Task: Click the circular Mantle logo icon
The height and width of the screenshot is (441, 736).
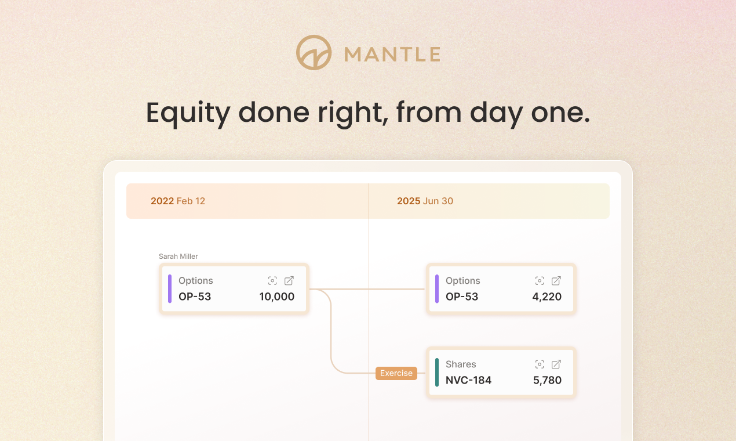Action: (x=314, y=53)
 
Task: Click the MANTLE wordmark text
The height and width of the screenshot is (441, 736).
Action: (x=392, y=55)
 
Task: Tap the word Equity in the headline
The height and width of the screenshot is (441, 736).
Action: (x=188, y=113)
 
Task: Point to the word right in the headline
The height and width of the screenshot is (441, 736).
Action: (x=353, y=113)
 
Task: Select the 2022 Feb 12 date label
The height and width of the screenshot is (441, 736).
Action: (x=178, y=201)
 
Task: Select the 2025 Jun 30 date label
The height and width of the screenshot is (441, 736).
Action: (x=425, y=201)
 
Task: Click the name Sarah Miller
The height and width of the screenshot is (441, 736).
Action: (x=178, y=256)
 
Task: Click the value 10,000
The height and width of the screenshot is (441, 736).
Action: (x=276, y=297)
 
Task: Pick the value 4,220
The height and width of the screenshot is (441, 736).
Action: (x=546, y=297)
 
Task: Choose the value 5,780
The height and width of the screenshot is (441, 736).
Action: (x=546, y=381)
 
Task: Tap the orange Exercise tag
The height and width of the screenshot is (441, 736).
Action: (x=396, y=373)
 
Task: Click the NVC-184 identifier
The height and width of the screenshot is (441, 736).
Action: (x=468, y=381)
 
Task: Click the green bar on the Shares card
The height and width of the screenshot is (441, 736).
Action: (x=437, y=373)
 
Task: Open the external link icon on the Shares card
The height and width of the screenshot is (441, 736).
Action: (x=556, y=364)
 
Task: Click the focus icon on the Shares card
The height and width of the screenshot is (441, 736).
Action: (x=540, y=364)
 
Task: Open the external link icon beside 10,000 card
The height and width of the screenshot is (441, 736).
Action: (x=289, y=281)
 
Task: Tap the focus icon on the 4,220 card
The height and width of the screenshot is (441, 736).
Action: (x=540, y=281)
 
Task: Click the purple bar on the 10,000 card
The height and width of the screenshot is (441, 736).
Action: (x=170, y=289)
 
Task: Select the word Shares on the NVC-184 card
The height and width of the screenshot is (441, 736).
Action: (x=461, y=364)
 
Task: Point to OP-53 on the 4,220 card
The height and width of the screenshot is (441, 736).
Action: (x=462, y=297)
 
